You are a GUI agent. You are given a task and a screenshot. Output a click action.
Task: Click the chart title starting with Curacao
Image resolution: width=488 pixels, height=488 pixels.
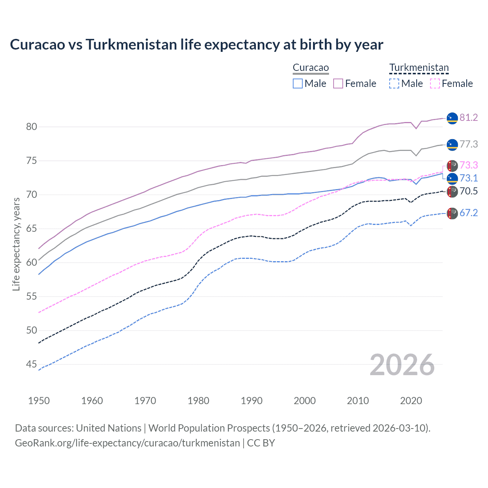[x=196, y=45]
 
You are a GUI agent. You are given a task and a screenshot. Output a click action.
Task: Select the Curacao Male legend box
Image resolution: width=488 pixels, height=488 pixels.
[x=298, y=83]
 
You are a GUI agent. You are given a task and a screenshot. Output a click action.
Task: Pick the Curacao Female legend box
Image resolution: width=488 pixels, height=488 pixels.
[x=338, y=83]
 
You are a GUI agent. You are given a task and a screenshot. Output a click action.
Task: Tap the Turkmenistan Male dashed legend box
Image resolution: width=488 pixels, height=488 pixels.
[x=394, y=83]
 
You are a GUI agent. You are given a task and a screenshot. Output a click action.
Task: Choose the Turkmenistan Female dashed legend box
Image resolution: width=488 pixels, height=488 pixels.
[x=435, y=83]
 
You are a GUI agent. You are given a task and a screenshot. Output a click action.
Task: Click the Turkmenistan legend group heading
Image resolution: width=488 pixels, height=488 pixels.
[x=419, y=68]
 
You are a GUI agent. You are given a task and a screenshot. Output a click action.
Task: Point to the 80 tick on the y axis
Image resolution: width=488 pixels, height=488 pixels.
[x=32, y=127]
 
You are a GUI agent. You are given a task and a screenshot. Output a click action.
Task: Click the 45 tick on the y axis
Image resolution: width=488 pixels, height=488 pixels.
[x=32, y=364]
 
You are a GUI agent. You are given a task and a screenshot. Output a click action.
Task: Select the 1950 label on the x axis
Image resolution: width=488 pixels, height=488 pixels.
[x=39, y=401]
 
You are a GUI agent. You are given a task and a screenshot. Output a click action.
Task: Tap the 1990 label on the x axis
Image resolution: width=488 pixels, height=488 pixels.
[x=252, y=401]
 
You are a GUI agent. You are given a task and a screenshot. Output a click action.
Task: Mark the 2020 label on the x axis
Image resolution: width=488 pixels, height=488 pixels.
[x=411, y=401]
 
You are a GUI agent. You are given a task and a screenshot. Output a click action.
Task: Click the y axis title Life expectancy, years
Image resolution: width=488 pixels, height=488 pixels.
[x=16, y=244]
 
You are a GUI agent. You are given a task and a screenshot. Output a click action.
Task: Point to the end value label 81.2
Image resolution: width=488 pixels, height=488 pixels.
[x=469, y=118]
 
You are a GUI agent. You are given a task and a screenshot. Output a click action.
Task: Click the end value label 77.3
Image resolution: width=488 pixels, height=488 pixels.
[x=469, y=144]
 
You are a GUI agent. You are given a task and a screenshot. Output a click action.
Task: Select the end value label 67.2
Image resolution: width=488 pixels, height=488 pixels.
[x=469, y=213]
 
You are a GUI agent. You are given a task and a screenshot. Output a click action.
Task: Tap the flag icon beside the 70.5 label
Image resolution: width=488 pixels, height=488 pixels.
[x=452, y=192]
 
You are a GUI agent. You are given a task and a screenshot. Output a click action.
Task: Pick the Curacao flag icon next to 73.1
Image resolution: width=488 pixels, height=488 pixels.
[x=452, y=178]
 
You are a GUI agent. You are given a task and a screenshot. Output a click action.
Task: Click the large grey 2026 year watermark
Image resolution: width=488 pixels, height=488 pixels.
[x=402, y=365]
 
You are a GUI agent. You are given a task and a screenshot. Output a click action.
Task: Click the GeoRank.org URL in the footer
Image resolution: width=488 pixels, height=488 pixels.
[x=127, y=443]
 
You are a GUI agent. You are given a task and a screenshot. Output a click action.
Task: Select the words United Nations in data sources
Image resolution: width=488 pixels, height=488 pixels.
[x=109, y=428]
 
